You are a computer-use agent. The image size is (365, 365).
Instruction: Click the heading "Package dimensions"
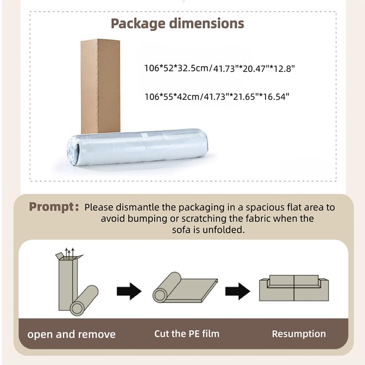[x=177, y=24]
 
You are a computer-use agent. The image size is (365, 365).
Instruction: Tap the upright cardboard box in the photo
[x=100, y=86]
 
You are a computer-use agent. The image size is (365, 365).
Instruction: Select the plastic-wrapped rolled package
[x=137, y=147]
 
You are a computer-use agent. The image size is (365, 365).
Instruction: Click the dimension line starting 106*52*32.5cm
[x=219, y=68]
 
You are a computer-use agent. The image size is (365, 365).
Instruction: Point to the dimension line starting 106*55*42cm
[x=217, y=97]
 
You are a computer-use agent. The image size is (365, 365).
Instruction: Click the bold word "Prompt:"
[x=54, y=207]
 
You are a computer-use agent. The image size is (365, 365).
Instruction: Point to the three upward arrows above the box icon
[x=70, y=253]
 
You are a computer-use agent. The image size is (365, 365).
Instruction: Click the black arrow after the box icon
[x=129, y=291]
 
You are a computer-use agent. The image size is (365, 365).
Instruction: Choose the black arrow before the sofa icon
[x=238, y=291]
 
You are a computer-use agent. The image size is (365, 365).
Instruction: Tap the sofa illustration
[x=294, y=288]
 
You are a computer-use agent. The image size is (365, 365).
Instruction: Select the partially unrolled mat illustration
[x=185, y=288]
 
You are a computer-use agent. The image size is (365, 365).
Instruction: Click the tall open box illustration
[x=67, y=282]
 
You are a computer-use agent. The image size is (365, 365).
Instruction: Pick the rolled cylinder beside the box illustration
[x=84, y=301]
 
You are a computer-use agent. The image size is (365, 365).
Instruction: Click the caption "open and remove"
[x=72, y=334]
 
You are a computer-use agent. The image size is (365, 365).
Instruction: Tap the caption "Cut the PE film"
[x=187, y=334]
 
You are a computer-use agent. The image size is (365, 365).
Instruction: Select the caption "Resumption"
[x=299, y=334]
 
